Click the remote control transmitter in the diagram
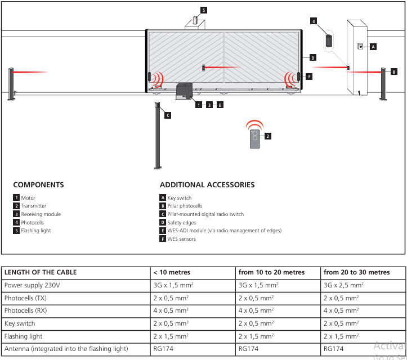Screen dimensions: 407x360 coord(254,139)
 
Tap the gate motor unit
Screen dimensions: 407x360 coord(184,91)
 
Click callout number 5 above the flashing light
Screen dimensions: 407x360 coord(204,10)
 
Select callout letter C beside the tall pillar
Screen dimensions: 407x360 coord(168,115)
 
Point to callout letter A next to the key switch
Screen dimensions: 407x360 coord(373,47)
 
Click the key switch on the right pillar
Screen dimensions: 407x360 coord(360,47)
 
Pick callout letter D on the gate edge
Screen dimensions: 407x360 coord(313,57)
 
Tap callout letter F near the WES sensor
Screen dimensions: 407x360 coord(309,76)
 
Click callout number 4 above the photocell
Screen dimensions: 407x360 coord(314,21)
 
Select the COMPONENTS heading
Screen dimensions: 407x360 coord(38,185)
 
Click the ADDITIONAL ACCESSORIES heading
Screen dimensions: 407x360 coord(207,185)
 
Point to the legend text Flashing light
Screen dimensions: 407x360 coord(36,231)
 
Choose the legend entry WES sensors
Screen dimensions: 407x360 coord(181,239)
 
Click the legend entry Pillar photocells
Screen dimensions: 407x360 coord(185,206)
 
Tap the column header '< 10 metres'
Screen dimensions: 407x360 coord(172,272)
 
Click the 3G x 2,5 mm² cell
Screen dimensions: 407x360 coord(343,285)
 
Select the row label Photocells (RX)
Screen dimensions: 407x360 coord(25,310)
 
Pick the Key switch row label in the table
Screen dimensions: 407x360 coord(20,323)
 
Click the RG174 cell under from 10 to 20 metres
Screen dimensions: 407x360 coord(248,349)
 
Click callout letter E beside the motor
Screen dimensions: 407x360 coord(220,105)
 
